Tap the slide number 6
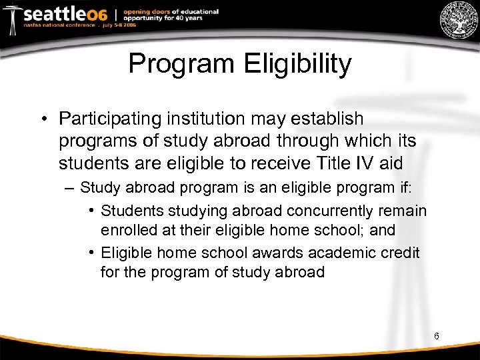[436, 336]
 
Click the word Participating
[113, 119]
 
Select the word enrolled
[127, 229]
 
